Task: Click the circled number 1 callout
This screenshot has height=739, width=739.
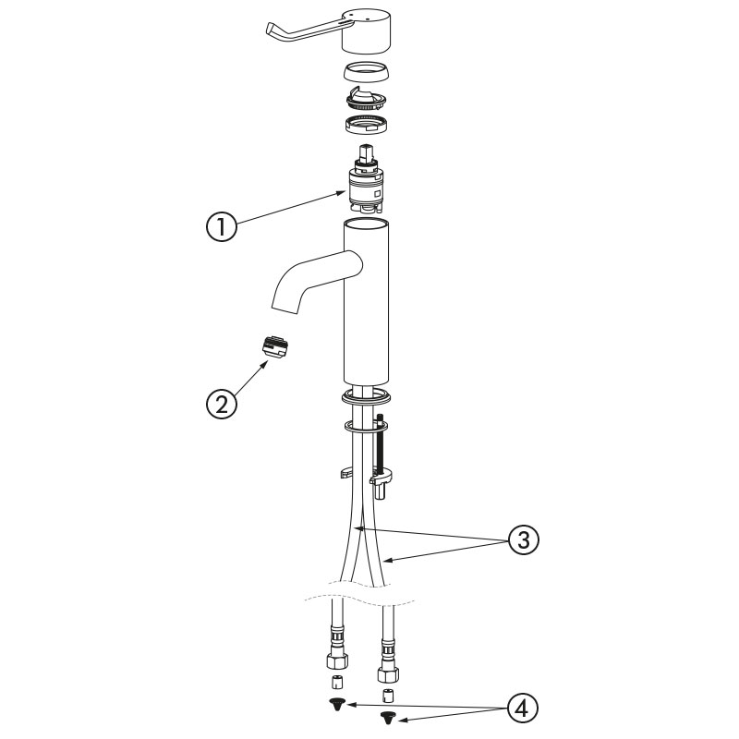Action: coord(222,227)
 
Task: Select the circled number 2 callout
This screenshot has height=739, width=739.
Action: coord(222,405)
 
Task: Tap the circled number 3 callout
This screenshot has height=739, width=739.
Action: coord(524,539)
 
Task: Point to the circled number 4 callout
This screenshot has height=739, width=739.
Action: coord(523,709)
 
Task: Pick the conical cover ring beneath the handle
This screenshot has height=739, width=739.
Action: coord(366,72)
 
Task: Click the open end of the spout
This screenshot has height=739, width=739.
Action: coord(285,307)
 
